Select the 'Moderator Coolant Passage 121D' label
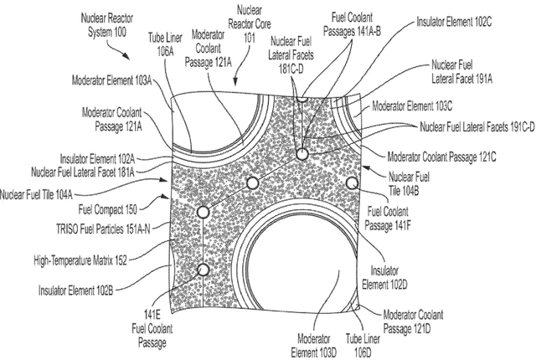[414, 321]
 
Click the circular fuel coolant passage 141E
[201, 270]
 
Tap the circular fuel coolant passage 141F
[353, 183]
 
